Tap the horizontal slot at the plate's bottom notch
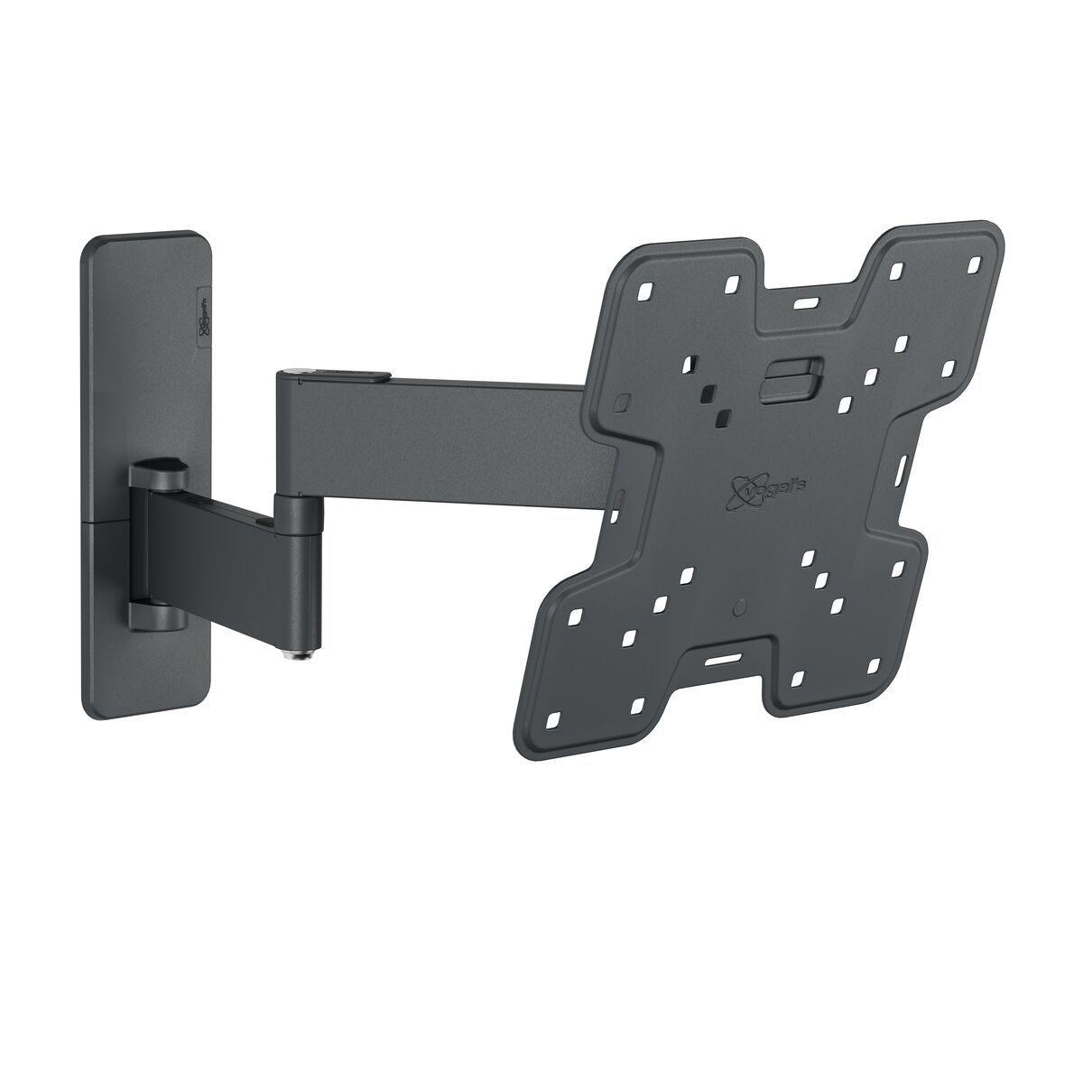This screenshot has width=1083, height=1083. pyautogui.click(x=719, y=662)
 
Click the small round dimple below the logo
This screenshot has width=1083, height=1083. pyautogui.click(x=741, y=602)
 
